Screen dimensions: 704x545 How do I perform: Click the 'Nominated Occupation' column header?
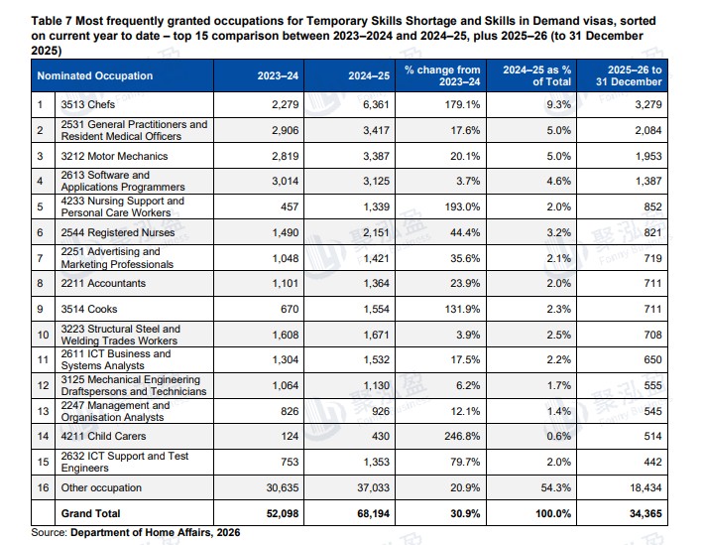tap(95, 75)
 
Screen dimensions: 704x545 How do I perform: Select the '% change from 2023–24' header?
tap(442, 75)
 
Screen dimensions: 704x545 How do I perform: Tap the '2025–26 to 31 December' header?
tap(629, 75)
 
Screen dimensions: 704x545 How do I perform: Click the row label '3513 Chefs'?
tap(88, 104)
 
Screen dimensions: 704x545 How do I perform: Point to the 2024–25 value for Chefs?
tap(376, 104)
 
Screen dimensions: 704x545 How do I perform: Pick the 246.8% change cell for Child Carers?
tap(462, 436)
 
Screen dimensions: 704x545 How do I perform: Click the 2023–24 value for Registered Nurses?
tap(286, 232)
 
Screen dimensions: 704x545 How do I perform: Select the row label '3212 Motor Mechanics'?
tap(114, 156)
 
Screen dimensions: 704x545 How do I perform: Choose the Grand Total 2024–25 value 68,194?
tap(373, 513)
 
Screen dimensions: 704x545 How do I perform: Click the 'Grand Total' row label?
tap(90, 513)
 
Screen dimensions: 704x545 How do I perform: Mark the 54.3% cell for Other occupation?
tap(556, 487)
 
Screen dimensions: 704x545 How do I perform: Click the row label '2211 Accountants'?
tap(103, 283)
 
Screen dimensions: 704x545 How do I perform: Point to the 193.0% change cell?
tap(462, 206)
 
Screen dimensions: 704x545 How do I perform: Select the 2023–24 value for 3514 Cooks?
tap(290, 309)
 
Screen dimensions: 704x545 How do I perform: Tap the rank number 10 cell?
tap(43, 335)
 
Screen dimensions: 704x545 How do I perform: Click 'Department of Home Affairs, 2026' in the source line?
tap(156, 533)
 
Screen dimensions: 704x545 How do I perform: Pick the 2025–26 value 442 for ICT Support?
tap(652, 462)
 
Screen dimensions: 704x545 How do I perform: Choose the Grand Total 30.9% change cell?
tap(465, 513)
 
